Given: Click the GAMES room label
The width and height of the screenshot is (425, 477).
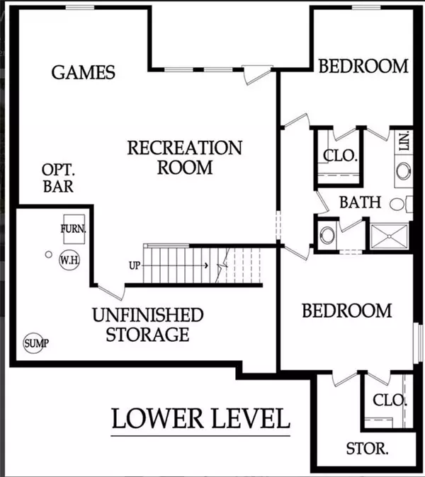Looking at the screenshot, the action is [x=83, y=72].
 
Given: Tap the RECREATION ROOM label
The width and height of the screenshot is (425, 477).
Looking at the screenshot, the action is [x=185, y=158].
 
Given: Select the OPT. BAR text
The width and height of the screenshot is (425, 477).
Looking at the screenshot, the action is [x=58, y=178].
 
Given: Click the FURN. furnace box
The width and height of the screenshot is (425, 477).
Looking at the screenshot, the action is [x=74, y=229].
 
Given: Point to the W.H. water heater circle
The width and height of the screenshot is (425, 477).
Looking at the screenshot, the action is [x=69, y=260].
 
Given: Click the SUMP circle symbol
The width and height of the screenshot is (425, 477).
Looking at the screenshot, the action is [x=34, y=343].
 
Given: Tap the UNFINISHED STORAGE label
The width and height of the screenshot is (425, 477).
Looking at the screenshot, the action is [x=148, y=325].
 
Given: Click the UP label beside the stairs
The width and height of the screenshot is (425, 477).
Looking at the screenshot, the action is [x=135, y=265].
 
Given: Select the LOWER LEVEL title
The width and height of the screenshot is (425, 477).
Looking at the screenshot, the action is [x=200, y=418].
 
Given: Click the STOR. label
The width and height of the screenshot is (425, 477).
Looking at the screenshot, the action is [x=367, y=449].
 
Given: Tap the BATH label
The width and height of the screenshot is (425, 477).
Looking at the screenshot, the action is [x=360, y=202].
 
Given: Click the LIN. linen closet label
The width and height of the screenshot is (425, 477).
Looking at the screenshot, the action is [x=404, y=141].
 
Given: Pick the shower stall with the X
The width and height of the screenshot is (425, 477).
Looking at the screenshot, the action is [x=389, y=236].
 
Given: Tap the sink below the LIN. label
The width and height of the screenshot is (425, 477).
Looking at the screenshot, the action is [x=404, y=171].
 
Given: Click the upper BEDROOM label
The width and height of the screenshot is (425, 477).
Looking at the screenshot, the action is [x=363, y=67].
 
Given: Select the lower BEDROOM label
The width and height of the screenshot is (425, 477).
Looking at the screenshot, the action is [x=347, y=311].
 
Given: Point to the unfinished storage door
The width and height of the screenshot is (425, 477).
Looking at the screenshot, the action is [x=111, y=292].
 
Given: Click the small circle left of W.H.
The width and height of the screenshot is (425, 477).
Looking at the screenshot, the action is [x=48, y=254].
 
